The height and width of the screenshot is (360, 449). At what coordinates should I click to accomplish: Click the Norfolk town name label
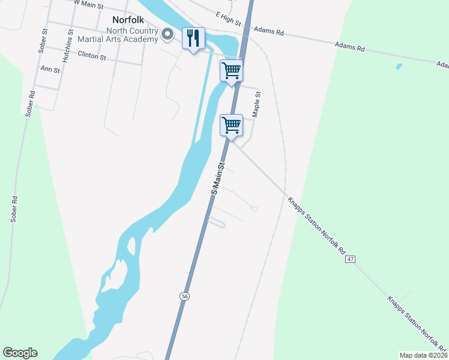click(127, 19)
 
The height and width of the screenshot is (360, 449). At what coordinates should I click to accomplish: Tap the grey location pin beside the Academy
click(169, 35)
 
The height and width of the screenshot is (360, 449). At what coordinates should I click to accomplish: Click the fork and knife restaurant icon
click(193, 38)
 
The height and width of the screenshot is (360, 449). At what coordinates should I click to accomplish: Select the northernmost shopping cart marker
click(231, 70)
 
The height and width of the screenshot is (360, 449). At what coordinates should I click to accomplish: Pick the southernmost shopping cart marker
click(231, 125)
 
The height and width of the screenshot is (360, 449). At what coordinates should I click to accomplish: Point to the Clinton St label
click(92, 56)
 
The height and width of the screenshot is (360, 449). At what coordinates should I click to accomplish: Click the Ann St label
click(50, 70)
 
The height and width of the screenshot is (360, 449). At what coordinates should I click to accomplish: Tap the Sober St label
click(43, 41)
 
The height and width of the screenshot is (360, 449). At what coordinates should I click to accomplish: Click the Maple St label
click(257, 103)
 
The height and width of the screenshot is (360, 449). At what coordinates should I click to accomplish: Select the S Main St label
click(219, 177)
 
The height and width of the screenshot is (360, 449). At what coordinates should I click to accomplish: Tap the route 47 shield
click(351, 259)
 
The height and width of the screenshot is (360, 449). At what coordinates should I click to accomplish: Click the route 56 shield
click(185, 296)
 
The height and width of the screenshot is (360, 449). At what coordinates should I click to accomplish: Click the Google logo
click(20, 353)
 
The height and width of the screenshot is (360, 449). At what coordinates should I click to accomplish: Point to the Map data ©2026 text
click(423, 355)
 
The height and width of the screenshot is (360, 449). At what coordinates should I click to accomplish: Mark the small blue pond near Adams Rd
click(399, 66)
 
